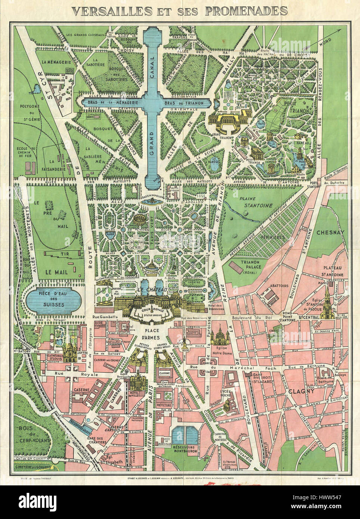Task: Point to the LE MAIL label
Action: (x=57, y=272)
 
